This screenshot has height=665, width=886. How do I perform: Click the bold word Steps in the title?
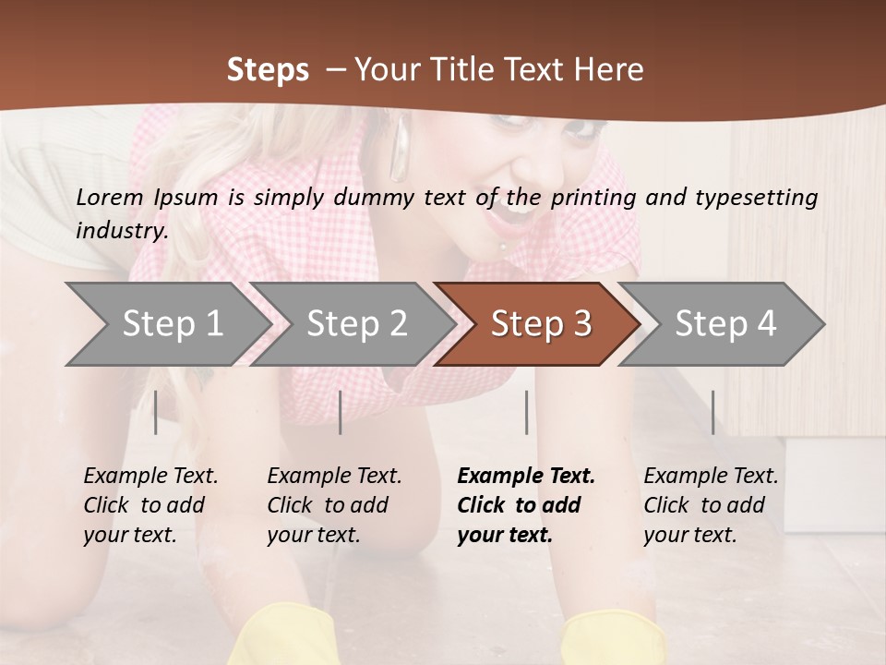(268, 70)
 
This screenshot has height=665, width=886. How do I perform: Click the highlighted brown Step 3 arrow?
(541, 323)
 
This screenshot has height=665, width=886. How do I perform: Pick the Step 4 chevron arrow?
(725, 323)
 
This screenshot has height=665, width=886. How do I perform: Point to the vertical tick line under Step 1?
(156, 412)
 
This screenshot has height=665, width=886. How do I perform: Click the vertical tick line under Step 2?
(341, 412)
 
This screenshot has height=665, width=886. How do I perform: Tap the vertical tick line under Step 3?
(526, 412)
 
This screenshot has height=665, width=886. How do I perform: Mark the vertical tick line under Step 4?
(712, 412)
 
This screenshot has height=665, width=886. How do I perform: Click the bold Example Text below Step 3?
(526, 476)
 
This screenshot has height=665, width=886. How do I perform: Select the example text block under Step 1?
(150, 505)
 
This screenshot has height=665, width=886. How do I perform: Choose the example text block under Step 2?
(334, 505)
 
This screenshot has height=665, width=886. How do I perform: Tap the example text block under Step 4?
(711, 505)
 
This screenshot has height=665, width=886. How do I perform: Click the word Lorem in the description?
(109, 198)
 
